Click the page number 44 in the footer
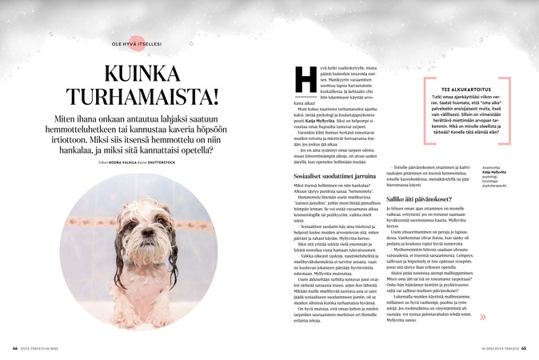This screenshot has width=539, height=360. [x=14, y=348]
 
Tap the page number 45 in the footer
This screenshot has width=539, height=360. [x=524, y=348]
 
